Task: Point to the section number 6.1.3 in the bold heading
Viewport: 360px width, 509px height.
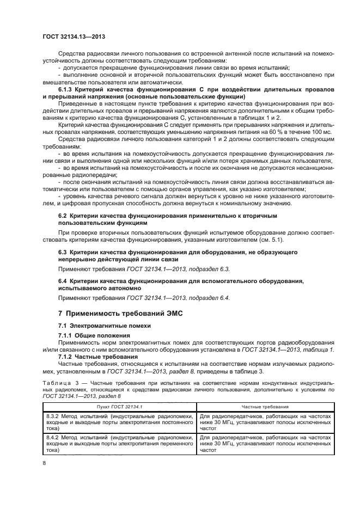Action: click(66, 89)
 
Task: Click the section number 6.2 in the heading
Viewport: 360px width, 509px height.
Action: click(63, 216)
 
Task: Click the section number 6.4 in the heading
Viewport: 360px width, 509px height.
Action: click(63, 280)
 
